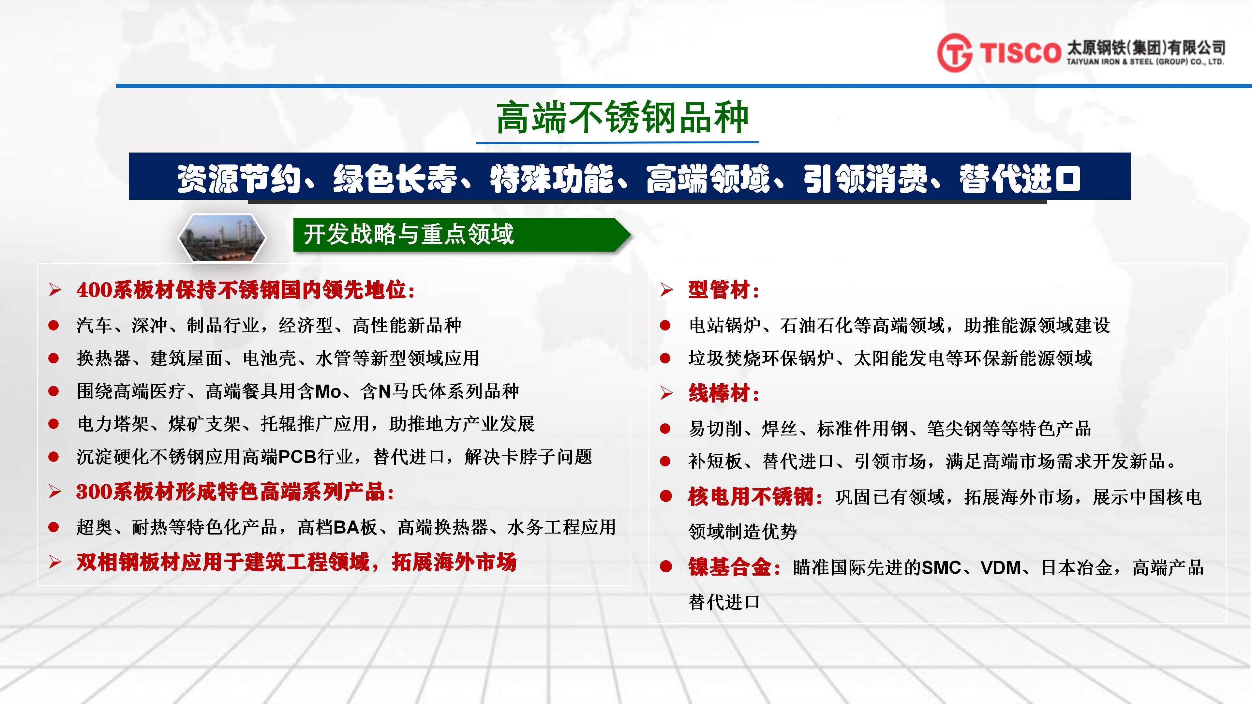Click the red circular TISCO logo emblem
(955, 52)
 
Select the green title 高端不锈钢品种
(622, 118)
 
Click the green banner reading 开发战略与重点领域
(462, 235)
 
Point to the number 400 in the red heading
(95, 290)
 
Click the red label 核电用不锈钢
(751, 496)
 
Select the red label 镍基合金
(730, 567)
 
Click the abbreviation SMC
(941, 567)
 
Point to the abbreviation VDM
(1001, 567)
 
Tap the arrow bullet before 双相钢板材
(55, 562)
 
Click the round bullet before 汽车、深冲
(53, 326)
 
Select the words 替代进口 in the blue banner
(1020, 178)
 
